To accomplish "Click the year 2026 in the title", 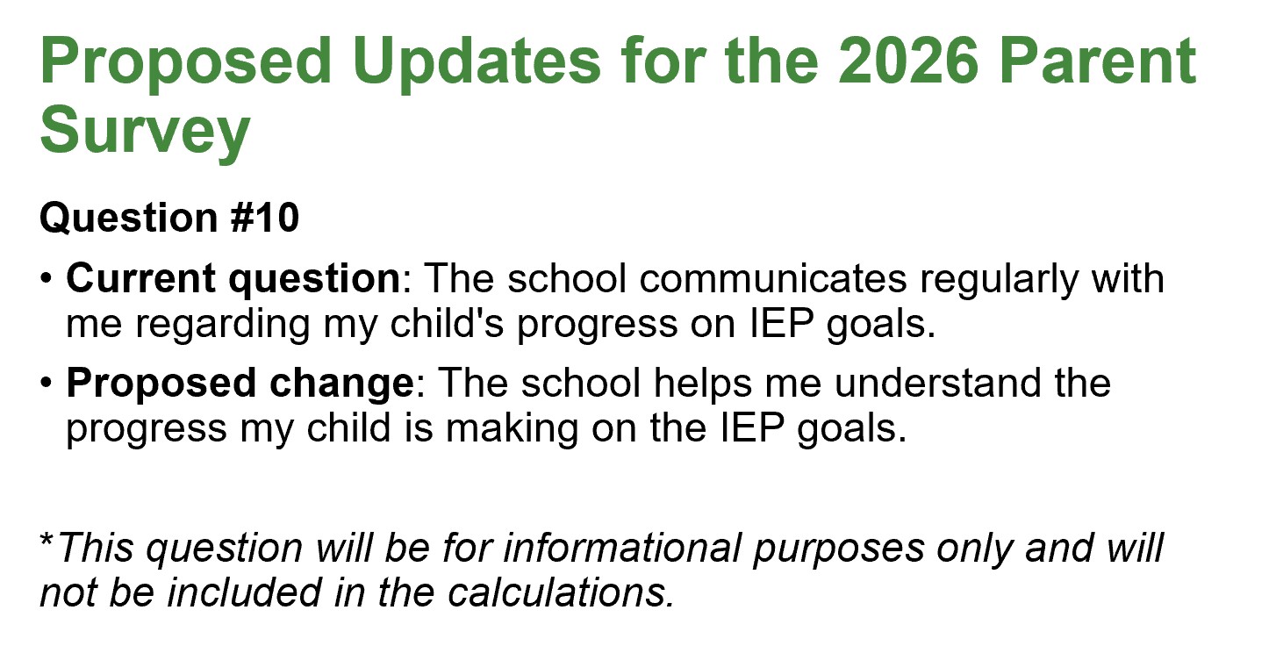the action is [x=908, y=61].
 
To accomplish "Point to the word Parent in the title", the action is [x=1098, y=61].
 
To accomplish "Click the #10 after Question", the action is [x=265, y=218].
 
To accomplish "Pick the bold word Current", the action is [x=140, y=278].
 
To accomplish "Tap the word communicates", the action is [x=773, y=278].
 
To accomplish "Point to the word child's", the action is [x=447, y=324].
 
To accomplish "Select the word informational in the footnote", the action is [x=622, y=548].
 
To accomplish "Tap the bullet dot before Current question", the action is [x=47, y=280].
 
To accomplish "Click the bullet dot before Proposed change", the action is [x=47, y=384].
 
